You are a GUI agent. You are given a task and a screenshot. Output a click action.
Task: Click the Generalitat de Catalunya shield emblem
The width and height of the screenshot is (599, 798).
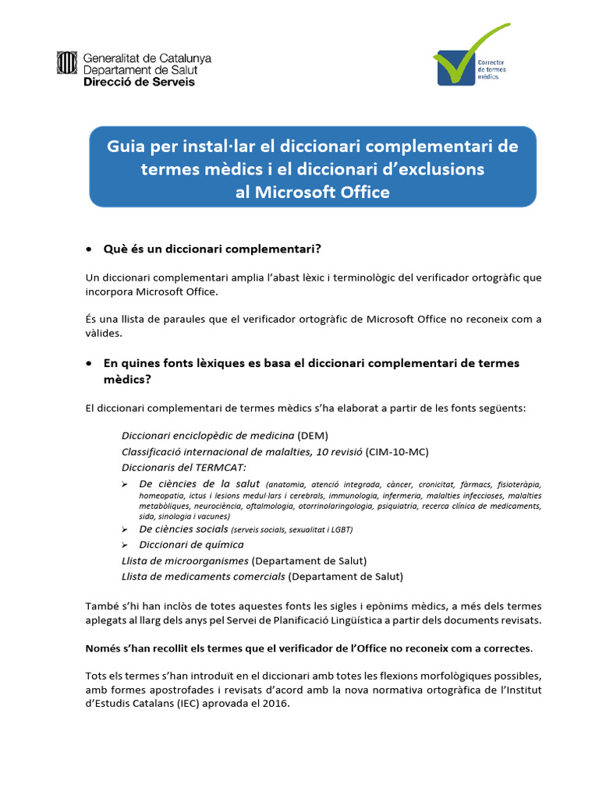[x=66, y=63]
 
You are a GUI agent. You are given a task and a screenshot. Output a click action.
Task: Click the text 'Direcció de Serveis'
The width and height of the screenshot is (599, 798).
[x=139, y=82]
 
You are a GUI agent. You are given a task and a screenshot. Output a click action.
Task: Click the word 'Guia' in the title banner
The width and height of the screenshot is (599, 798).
[x=127, y=147]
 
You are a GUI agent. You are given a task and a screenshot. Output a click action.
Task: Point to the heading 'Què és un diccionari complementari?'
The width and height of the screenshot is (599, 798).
[x=212, y=249]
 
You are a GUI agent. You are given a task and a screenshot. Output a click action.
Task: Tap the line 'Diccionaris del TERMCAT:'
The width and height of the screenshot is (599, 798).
[x=184, y=467]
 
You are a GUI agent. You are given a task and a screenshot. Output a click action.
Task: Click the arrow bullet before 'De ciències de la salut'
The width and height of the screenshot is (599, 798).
[x=126, y=485]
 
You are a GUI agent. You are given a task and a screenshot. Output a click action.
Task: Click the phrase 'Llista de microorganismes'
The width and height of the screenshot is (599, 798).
[x=186, y=560]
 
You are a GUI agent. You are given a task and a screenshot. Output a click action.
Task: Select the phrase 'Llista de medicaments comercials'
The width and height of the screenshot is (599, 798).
[x=204, y=576]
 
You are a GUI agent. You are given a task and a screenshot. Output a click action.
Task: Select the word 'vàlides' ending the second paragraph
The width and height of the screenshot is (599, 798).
[x=103, y=332]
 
